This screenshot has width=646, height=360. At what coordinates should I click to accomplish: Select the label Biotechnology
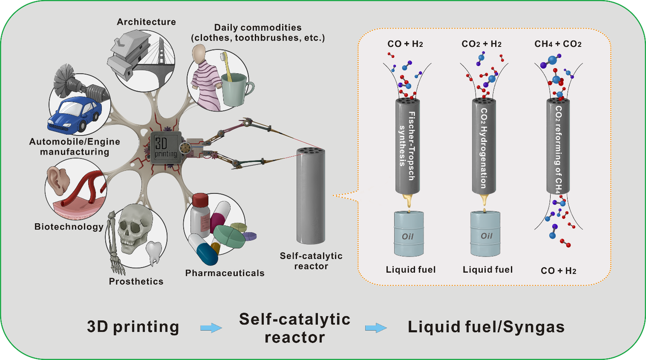[69, 226]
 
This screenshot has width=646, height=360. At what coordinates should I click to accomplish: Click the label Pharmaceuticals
[225, 273]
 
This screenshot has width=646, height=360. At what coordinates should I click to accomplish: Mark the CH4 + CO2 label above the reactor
[558, 44]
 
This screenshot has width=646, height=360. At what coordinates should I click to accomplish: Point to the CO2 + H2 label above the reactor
[481, 44]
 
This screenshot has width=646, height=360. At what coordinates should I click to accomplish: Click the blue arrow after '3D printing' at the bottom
[211, 328]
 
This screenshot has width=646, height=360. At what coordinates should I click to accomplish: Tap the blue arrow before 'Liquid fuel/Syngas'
[375, 328]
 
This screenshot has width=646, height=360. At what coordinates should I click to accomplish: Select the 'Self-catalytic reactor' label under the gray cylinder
[311, 261]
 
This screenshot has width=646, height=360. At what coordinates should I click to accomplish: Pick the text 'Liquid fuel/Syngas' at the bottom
[486, 327]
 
